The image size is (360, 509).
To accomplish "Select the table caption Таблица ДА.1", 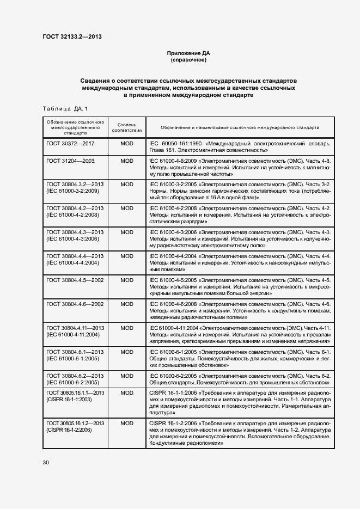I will [64, 109].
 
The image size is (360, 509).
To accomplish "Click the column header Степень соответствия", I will [127, 127].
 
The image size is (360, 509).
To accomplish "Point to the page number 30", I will [46, 462].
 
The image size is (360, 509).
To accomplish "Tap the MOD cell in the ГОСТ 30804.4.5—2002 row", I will [127, 279].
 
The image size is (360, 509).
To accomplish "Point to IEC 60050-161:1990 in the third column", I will [174, 144].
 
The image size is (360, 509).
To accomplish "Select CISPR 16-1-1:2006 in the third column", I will [173, 393].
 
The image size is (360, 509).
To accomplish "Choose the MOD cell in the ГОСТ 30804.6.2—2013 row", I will [127, 376].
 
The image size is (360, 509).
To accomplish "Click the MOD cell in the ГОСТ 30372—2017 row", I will [127, 144].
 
